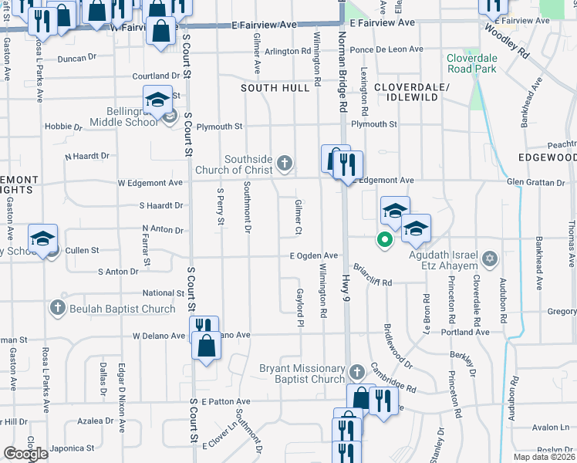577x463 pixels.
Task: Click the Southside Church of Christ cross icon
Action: click(285, 163)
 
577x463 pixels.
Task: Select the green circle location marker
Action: click(383, 240)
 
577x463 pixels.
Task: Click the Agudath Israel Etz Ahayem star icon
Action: click(488, 257)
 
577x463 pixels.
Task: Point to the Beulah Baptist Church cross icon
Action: click(57, 309)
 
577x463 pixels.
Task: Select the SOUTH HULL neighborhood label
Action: click(275, 89)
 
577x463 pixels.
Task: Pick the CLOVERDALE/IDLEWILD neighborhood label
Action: click(411, 93)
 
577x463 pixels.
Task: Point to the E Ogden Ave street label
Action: click(314, 255)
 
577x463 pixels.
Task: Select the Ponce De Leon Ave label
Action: click(386, 49)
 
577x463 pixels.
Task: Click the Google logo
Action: click(25, 454)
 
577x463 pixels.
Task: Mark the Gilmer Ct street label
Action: click(298, 216)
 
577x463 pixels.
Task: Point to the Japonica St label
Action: click(73, 448)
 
